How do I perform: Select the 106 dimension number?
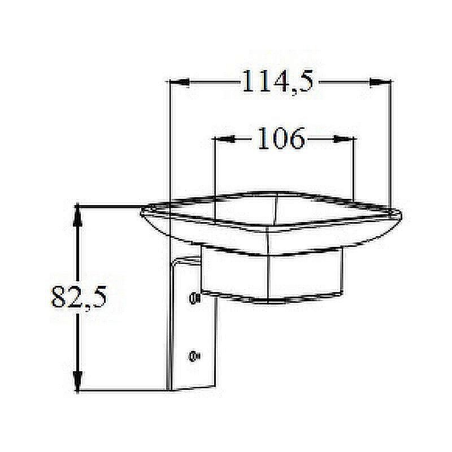[x=281, y=138]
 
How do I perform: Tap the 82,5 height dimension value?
[x=79, y=296]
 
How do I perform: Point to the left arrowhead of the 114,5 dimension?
[x=179, y=82]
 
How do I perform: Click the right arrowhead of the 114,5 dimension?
[x=380, y=82]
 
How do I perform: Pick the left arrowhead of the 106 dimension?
[x=225, y=139]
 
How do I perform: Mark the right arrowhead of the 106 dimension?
[x=344, y=139]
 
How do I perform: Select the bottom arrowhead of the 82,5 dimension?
[x=79, y=379]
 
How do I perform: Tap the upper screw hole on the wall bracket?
[x=194, y=297]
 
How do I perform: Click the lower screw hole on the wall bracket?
[x=194, y=355]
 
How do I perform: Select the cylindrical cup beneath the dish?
[x=271, y=277]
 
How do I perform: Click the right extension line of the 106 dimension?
[x=354, y=169]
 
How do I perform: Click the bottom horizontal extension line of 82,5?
[x=124, y=389]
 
